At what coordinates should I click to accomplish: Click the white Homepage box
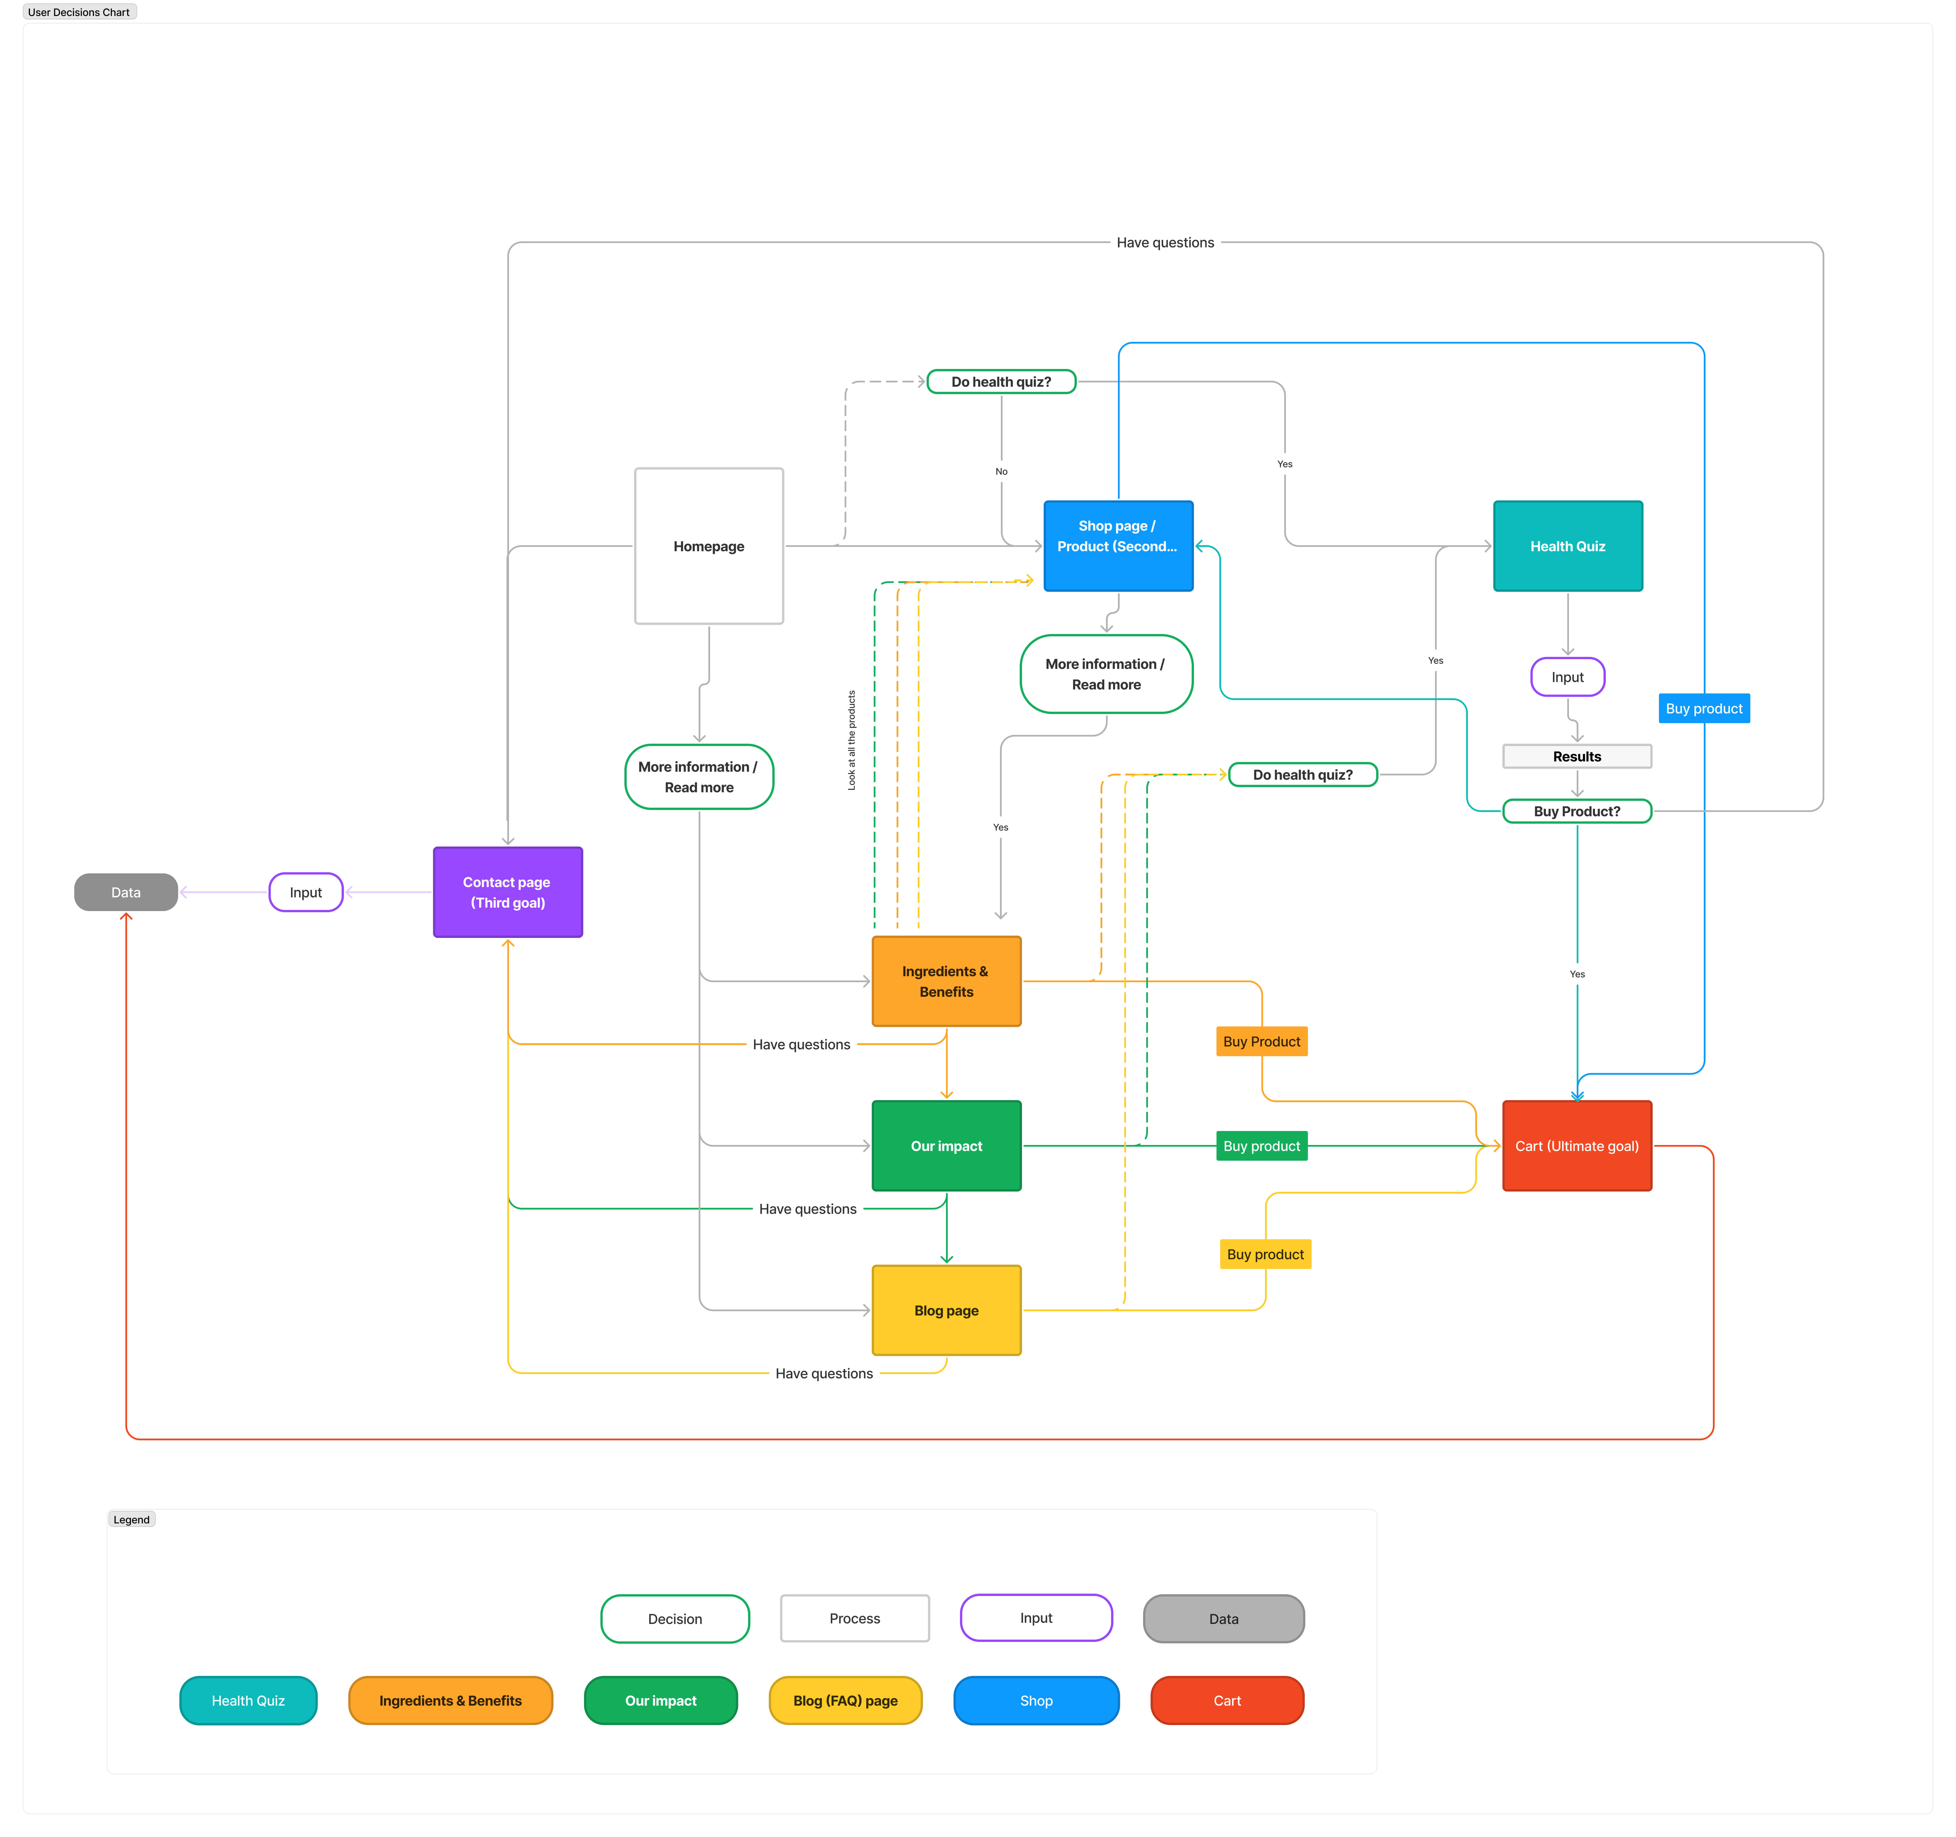[708, 546]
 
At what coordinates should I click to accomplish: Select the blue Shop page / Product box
[1118, 546]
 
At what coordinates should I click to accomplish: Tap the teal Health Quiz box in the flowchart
[1567, 546]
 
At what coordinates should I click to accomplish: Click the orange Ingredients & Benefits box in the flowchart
[947, 981]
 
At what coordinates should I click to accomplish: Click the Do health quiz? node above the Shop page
[1001, 382]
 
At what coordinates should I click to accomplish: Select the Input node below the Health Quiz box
[1567, 677]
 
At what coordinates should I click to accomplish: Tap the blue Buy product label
[1703, 708]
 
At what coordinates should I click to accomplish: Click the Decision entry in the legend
[675, 1619]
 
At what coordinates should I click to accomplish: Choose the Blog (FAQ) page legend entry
[845, 1700]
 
